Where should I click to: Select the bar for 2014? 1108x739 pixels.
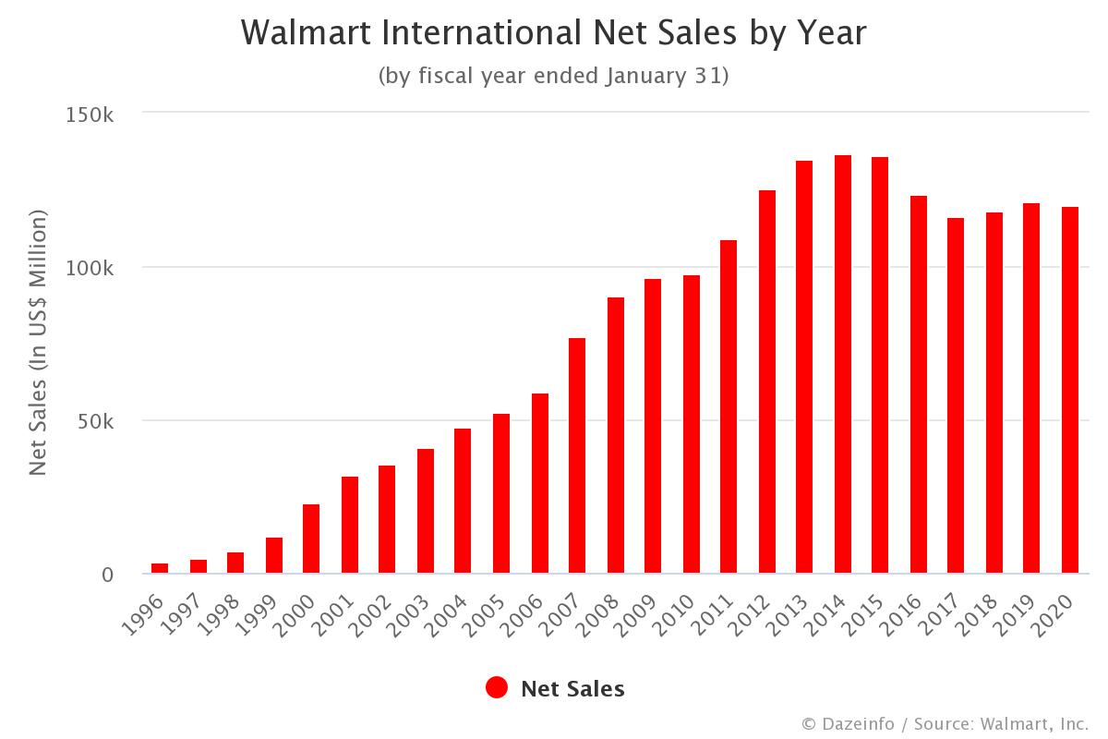[x=843, y=365]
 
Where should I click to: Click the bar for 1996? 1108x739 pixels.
[x=160, y=568]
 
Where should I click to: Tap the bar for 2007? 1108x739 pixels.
[x=577, y=456]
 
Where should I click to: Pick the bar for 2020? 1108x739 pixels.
[x=1070, y=390]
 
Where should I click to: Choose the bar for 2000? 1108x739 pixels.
[x=311, y=539]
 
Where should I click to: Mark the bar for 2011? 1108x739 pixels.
[x=729, y=407]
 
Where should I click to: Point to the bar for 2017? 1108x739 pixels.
[x=956, y=396]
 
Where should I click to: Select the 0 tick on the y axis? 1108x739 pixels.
[x=107, y=575]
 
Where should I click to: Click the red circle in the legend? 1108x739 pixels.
[x=497, y=688]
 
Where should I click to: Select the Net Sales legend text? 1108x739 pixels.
[x=572, y=689]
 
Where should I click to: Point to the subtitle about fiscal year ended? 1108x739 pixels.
[x=554, y=76]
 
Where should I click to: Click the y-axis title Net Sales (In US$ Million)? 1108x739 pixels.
[x=38, y=343]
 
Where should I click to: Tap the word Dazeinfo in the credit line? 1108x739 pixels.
[x=857, y=723]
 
